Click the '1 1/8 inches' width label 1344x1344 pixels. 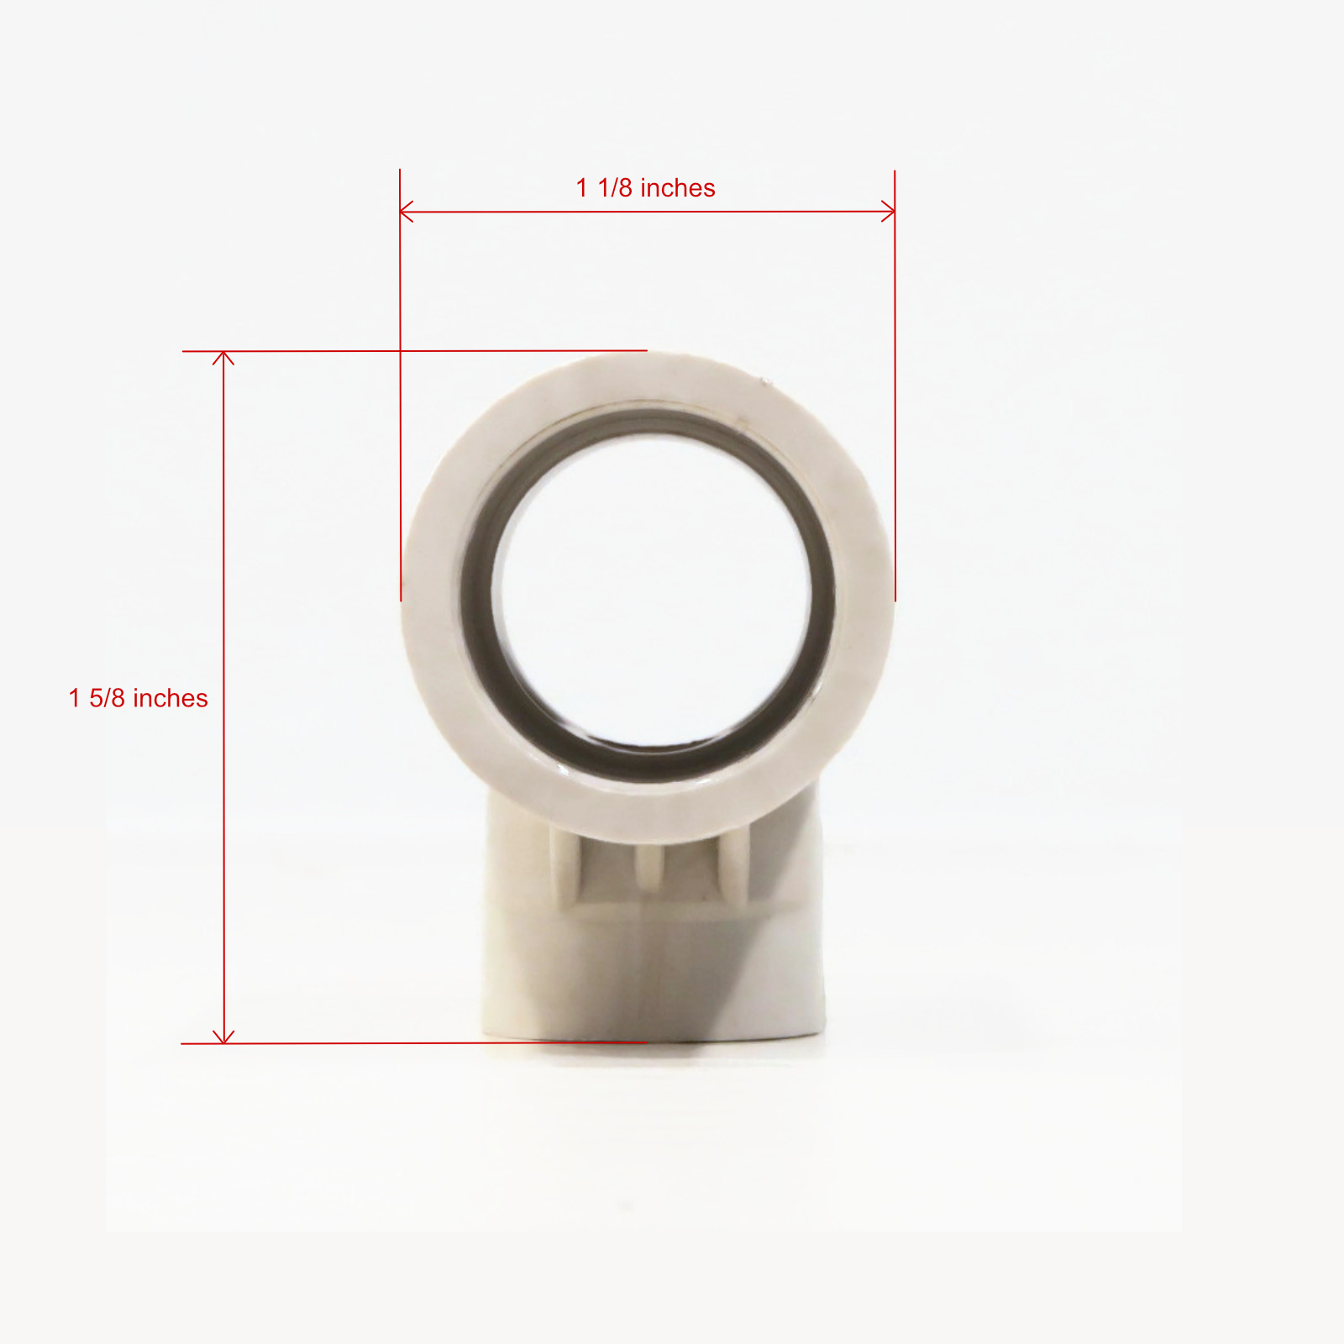(x=645, y=188)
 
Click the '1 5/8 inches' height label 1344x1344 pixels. (x=139, y=698)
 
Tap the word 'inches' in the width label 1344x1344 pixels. (x=677, y=188)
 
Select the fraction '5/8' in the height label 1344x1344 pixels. (x=108, y=698)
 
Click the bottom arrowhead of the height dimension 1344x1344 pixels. (x=223, y=1037)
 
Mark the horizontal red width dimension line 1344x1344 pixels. (x=648, y=212)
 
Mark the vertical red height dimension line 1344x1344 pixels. (x=223, y=697)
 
